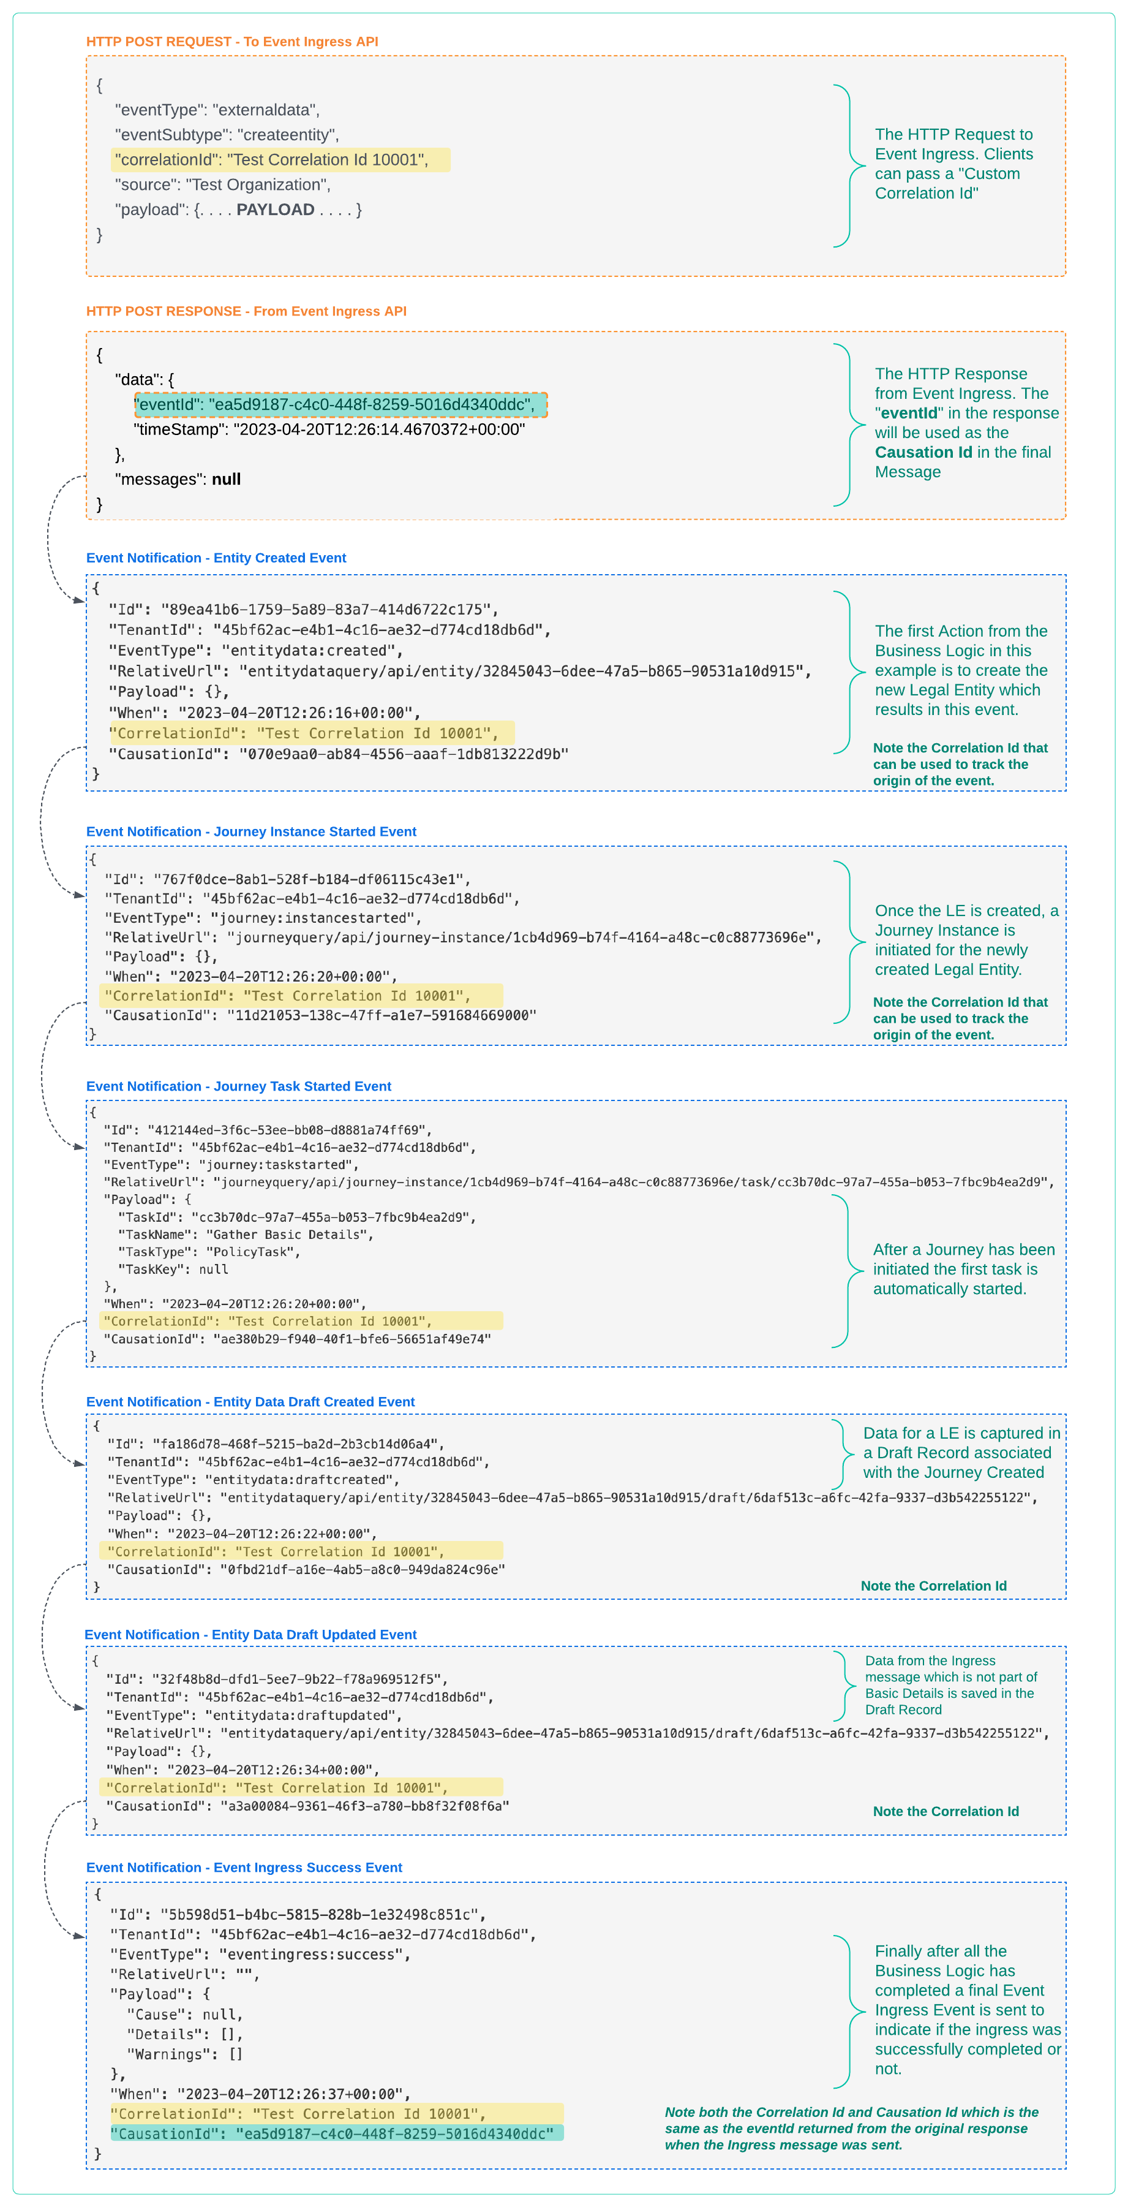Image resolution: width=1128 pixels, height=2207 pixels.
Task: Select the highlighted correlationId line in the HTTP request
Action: pyautogui.click(x=280, y=160)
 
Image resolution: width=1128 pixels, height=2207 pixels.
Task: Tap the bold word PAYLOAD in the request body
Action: pyautogui.click(x=275, y=210)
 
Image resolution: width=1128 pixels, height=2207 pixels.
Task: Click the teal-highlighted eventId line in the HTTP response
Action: pyautogui.click(x=340, y=404)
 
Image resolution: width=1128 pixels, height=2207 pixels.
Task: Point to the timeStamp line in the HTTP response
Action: pyautogui.click(x=329, y=430)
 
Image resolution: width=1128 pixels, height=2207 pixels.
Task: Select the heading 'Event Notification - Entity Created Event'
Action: pyautogui.click(x=216, y=558)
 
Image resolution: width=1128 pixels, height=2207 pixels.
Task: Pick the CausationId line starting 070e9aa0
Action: pyautogui.click(x=338, y=754)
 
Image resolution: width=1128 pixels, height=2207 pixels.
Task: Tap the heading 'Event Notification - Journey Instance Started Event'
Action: pyautogui.click(x=251, y=831)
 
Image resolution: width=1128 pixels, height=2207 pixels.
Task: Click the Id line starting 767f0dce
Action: pyautogui.click(x=287, y=879)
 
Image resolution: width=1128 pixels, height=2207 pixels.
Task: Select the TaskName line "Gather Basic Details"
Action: pyautogui.click(x=245, y=1235)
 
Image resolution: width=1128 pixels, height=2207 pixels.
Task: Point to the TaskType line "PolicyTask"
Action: pyautogui.click(x=209, y=1252)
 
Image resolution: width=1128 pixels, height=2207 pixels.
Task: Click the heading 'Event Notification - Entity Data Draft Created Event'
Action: pyautogui.click(x=250, y=1402)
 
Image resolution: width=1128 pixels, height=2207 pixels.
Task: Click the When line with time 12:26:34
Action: pyautogui.click(x=243, y=1769)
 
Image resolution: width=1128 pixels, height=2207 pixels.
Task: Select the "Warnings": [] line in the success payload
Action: pyautogui.click(x=184, y=2054)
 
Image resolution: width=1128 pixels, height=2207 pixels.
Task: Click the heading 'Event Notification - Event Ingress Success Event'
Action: pyautogui.click(x=244, y=1868)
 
